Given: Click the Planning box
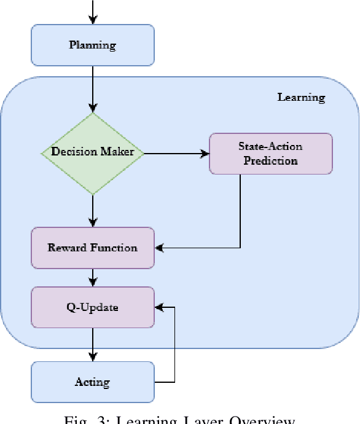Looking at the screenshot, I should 92,45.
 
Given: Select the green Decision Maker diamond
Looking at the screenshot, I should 92,153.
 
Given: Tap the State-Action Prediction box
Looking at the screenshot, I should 270,154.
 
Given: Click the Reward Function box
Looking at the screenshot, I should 92,248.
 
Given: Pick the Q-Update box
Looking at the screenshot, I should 92,307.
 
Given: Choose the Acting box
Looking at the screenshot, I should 92,382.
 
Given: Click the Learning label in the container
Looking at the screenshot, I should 301,97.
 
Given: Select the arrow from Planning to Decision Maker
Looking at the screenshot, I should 92,89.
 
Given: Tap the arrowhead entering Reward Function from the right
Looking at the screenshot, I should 160,248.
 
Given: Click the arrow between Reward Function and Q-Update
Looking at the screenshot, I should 92,277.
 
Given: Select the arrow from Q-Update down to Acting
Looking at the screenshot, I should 92,344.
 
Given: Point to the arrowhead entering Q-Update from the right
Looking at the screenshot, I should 160,307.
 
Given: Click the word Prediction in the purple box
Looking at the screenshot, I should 270,161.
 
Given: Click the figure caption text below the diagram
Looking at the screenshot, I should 179,420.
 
